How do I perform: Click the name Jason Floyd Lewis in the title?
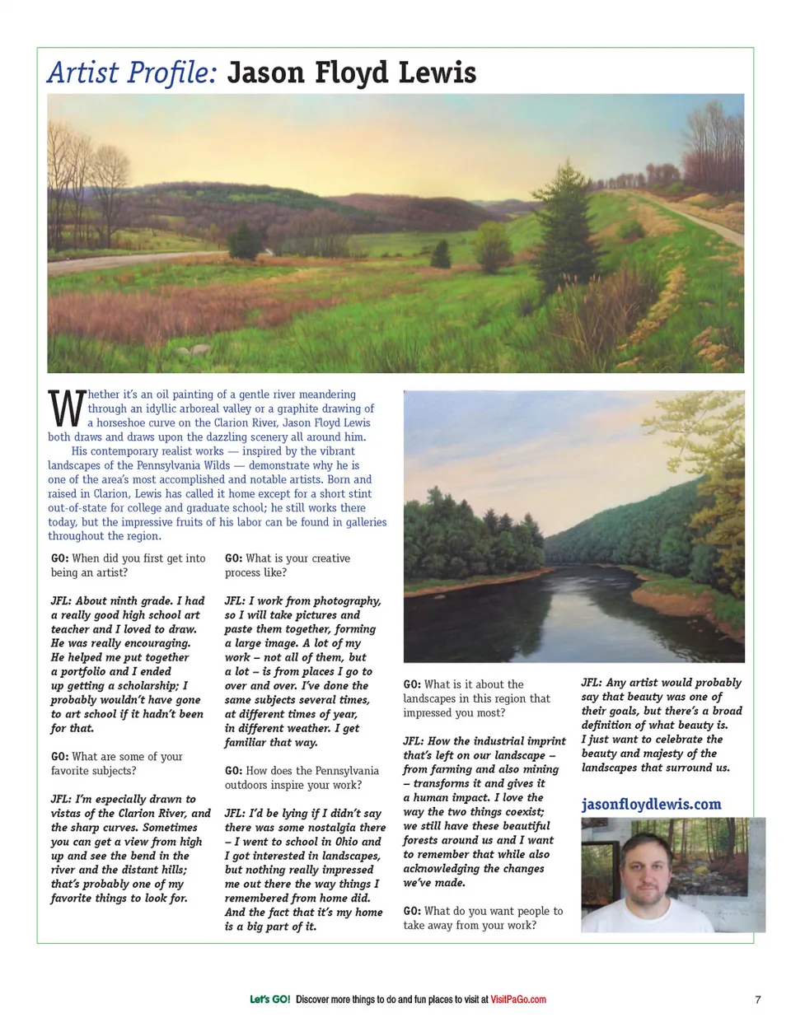coord(352,73)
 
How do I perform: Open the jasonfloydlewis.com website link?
coord(651,804)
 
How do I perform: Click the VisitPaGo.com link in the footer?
coord(518,999)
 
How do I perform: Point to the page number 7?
coord(757,999)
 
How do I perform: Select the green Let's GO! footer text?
coord(269,999)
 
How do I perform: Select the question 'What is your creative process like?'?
coord(288,565)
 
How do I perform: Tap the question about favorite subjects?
coord(117,763)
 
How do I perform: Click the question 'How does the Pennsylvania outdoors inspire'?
coord(302,777)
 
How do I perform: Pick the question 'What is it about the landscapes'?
coord(476,698)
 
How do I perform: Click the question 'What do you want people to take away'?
coord(483,917)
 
